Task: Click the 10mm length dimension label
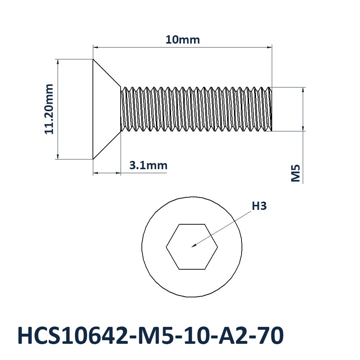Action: (183, 40)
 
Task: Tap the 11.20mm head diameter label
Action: (49, 109)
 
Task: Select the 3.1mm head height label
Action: (148, 165)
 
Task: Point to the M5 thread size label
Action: (296, 173)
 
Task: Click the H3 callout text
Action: (259, 206)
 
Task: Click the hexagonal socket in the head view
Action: (192, 247)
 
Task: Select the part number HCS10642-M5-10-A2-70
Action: (150, 336)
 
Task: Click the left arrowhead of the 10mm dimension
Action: (95, 47)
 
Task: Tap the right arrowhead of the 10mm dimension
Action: (270, 47)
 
